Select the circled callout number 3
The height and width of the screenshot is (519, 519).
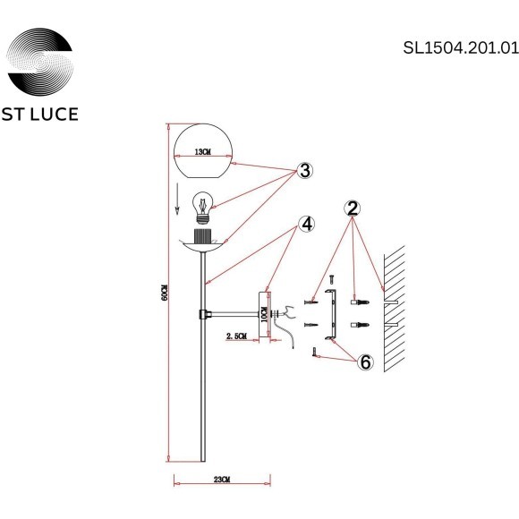[305, 170]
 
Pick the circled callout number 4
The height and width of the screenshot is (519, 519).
[307, 224]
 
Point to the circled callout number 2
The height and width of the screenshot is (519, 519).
[353, 208]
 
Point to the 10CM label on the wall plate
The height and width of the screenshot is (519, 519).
[264, 314]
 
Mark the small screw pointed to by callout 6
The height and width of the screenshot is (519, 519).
[315, 355]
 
